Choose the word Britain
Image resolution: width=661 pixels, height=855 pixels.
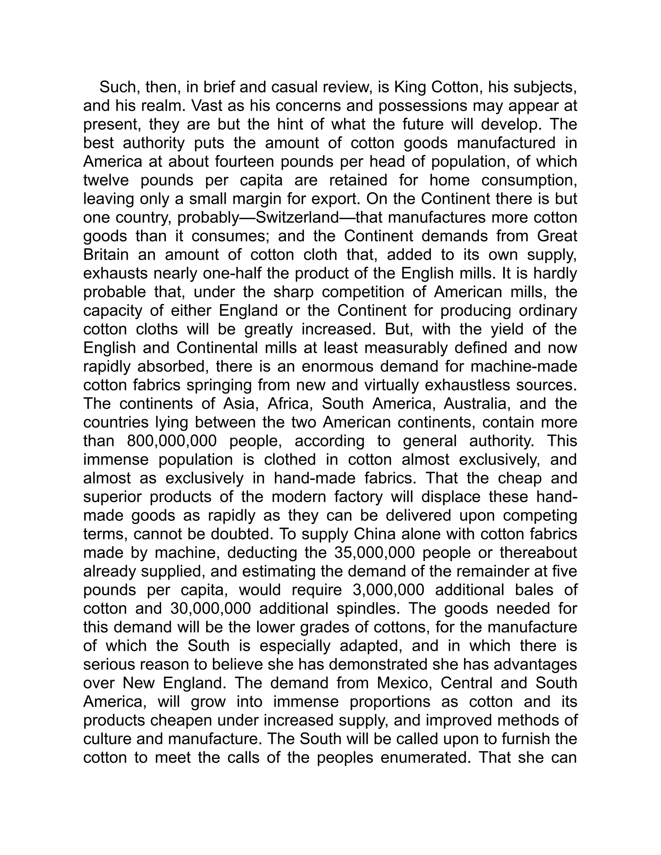pyautogui.click(x=106, y=255)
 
